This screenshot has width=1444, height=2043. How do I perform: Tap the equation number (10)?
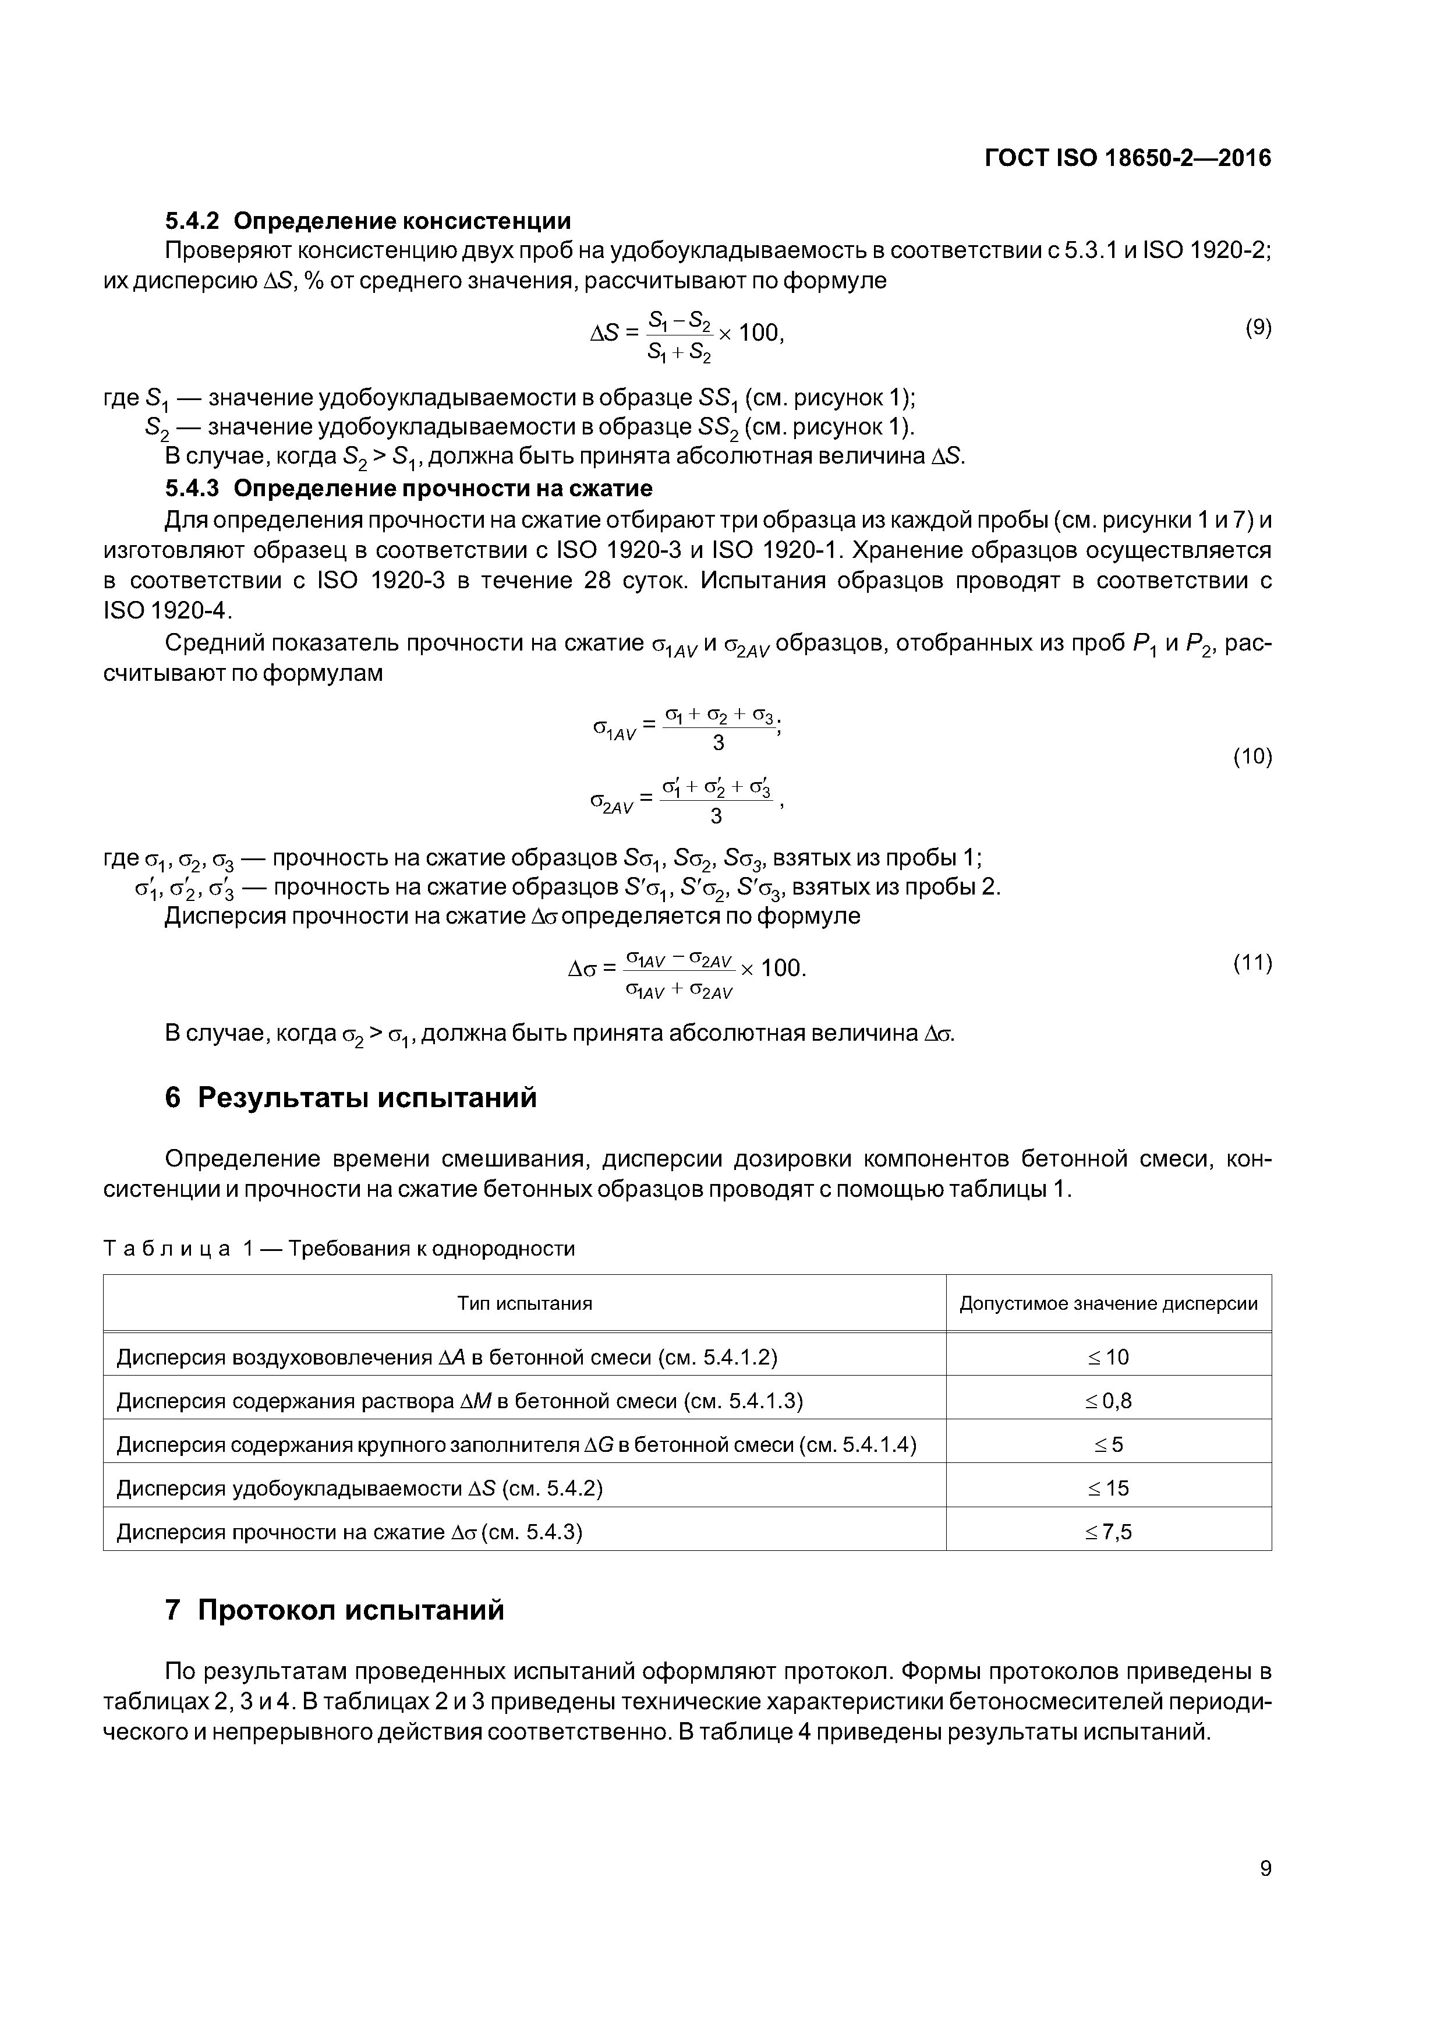[x=1252, y=757]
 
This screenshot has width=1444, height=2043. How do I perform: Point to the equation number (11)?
[x=1252, y=962]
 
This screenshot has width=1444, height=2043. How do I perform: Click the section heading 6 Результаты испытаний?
[x=352, y=1098]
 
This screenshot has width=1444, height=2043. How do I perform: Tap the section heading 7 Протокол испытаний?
[x=335, y=1610]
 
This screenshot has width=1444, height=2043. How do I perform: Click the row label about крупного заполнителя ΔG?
[x=516, y=1444]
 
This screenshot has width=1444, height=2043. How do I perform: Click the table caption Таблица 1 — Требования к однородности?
[x=339, y=1249]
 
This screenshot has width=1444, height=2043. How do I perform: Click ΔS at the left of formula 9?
[x=605, y=334]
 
